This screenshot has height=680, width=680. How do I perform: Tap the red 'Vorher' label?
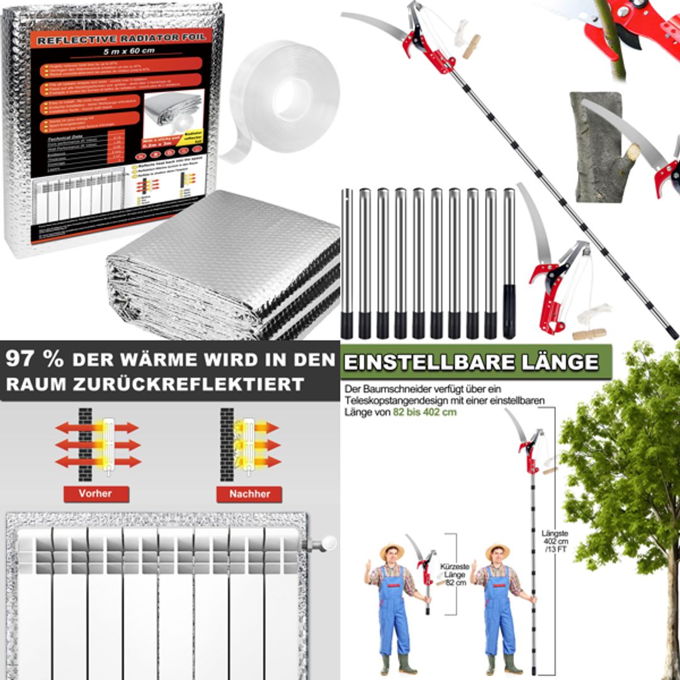pos(96,494)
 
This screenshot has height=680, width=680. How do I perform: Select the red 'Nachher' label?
pos(249,494)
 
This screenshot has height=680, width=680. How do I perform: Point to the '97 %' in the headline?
pos(34,360)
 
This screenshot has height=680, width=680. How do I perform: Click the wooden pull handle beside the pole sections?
pos(589,333)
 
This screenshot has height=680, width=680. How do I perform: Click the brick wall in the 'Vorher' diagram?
pos(85,444)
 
